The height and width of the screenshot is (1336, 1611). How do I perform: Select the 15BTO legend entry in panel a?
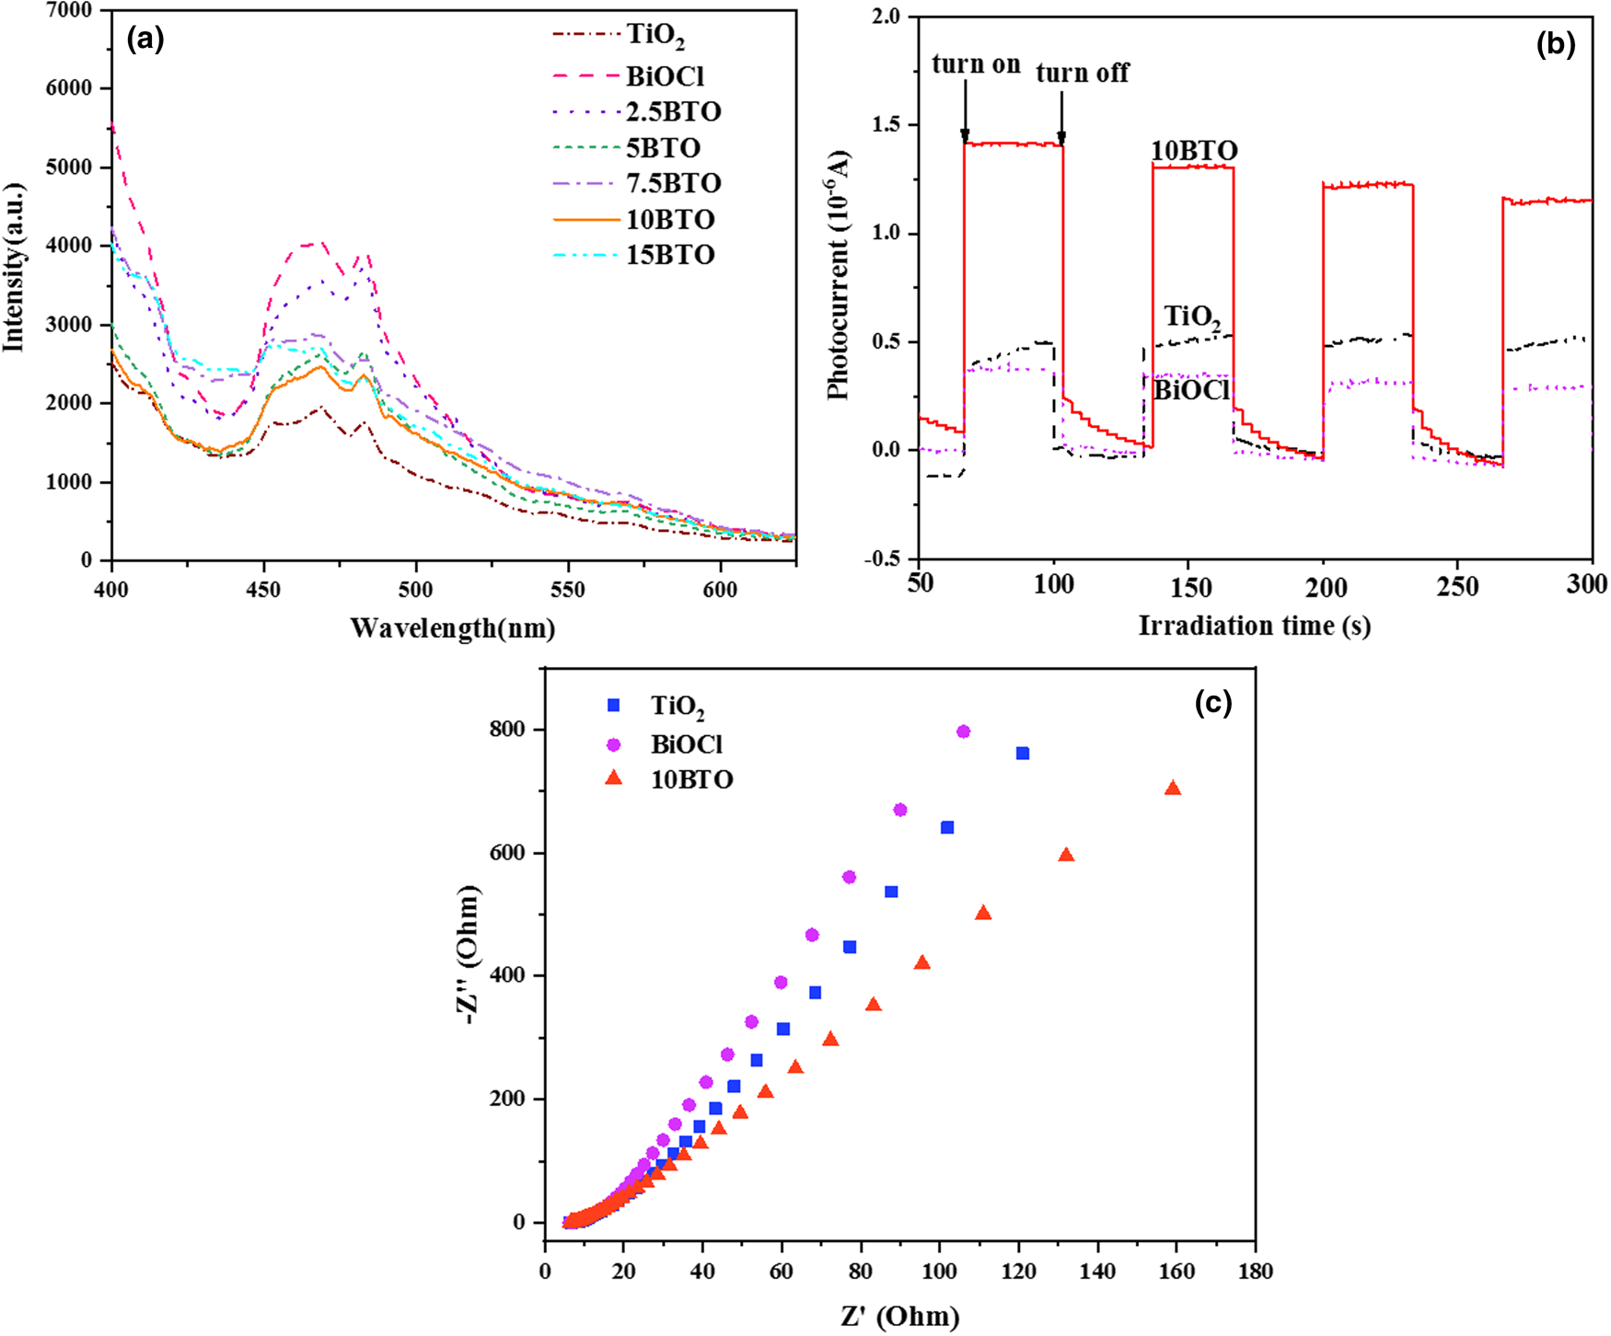(670, 255)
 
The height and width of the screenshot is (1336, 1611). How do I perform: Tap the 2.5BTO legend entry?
(672, 112)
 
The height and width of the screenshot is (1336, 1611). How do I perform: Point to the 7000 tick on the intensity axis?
(73, 10)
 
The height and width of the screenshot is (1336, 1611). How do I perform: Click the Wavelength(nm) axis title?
(453, 628)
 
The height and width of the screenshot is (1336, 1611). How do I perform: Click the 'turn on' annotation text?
(976, 64)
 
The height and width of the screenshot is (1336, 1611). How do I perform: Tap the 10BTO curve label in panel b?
(1194, 151)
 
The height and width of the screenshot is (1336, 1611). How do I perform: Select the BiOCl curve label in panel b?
(1191, 390)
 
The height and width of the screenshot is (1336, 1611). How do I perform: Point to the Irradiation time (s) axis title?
(1254, 626)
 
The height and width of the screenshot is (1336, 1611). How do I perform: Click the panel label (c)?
(1212, 703)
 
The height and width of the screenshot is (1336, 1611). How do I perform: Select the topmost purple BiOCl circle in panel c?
(964, 731)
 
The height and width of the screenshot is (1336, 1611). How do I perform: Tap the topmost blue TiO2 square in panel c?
(1022, 754)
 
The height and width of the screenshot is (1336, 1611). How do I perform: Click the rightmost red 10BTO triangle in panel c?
(1173, 789)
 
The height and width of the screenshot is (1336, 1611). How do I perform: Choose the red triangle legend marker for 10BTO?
(614, 779)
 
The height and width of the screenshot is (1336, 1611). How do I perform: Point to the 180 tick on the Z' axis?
(1256, 1272)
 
